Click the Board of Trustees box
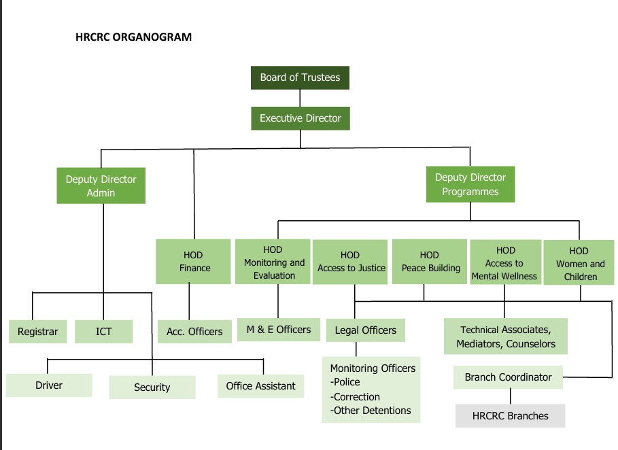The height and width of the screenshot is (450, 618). point(300,77)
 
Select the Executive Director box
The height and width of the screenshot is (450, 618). point(300,118)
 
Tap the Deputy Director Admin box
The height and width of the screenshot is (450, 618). point(101,186)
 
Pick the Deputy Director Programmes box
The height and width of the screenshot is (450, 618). point(470,185)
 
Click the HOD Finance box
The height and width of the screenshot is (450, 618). point(193,262)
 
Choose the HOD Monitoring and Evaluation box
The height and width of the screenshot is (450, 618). point(274,262)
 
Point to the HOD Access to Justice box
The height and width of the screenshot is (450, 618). point(351,262)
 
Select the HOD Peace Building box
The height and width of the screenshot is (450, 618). point(429,262)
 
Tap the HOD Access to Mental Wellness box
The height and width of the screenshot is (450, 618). point(504,263)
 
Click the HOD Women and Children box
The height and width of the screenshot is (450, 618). point(580,264)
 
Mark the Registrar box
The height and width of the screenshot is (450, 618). point(38,332)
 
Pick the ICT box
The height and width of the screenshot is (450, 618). point(103,332)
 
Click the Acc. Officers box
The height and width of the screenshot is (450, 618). point(194,332)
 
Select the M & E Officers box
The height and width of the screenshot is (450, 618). point(278,330)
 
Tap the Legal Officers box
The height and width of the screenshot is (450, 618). point(366,330)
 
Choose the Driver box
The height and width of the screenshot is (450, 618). point(49,385)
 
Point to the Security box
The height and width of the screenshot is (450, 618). point(152,387)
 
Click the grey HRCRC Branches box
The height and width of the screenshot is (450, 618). point(510,415)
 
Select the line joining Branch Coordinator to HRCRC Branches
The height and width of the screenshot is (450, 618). point(509,396)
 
